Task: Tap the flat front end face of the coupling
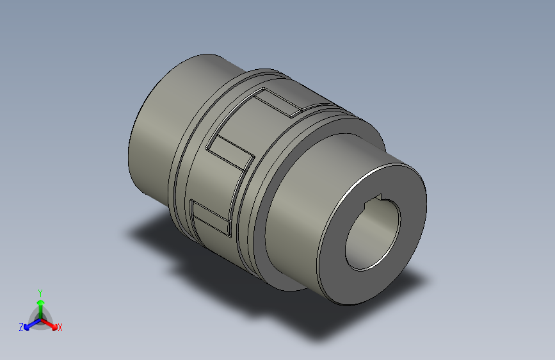pos(403,192)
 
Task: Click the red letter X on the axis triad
pos(60,327)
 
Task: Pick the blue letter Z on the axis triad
pos(21,327)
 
